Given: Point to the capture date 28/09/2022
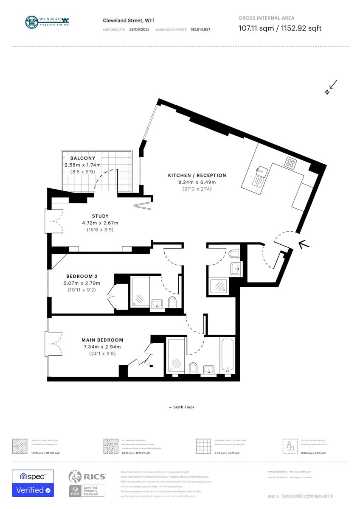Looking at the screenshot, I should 139,30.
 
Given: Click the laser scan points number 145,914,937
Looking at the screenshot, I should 200,30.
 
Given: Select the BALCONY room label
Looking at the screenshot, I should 82,158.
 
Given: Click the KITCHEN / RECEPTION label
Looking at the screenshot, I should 197,175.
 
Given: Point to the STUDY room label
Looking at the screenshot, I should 100,216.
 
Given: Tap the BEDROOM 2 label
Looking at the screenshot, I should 82,277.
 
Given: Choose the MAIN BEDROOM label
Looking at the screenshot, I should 102,340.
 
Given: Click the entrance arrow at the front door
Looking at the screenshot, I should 304,244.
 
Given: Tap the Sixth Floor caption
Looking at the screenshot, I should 181,407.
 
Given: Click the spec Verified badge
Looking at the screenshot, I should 33,483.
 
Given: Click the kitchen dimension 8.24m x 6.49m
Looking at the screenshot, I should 197,182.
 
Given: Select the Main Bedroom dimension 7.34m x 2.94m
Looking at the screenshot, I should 102,347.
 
